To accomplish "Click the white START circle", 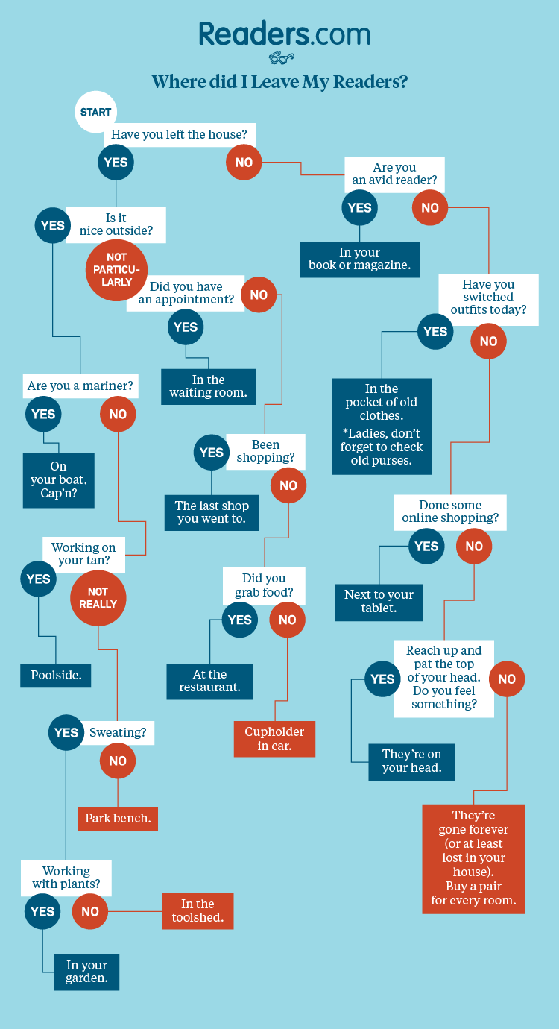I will (95, 112).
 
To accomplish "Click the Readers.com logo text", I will (284, 34).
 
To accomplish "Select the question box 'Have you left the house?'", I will (179, 135).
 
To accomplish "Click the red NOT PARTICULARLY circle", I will (116, 270).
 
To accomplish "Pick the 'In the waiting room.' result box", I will (208, 386).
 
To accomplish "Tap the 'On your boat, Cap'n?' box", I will (59, 480).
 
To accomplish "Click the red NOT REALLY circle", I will (98, 598).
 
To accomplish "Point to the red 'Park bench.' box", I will (118, 818).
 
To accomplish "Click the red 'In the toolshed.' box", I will (198, 910).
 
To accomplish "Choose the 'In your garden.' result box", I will (86, 972).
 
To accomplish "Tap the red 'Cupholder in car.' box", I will (275, 738).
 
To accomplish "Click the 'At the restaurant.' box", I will (209, 681).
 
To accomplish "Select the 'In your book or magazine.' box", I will (359, 259).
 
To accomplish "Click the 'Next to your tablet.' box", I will (379, 602).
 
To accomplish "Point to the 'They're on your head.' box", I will (411, 761).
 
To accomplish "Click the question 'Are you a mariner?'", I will (80, 386).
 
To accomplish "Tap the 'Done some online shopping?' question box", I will (450, 512).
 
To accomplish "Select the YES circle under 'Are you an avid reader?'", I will (359, 208).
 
